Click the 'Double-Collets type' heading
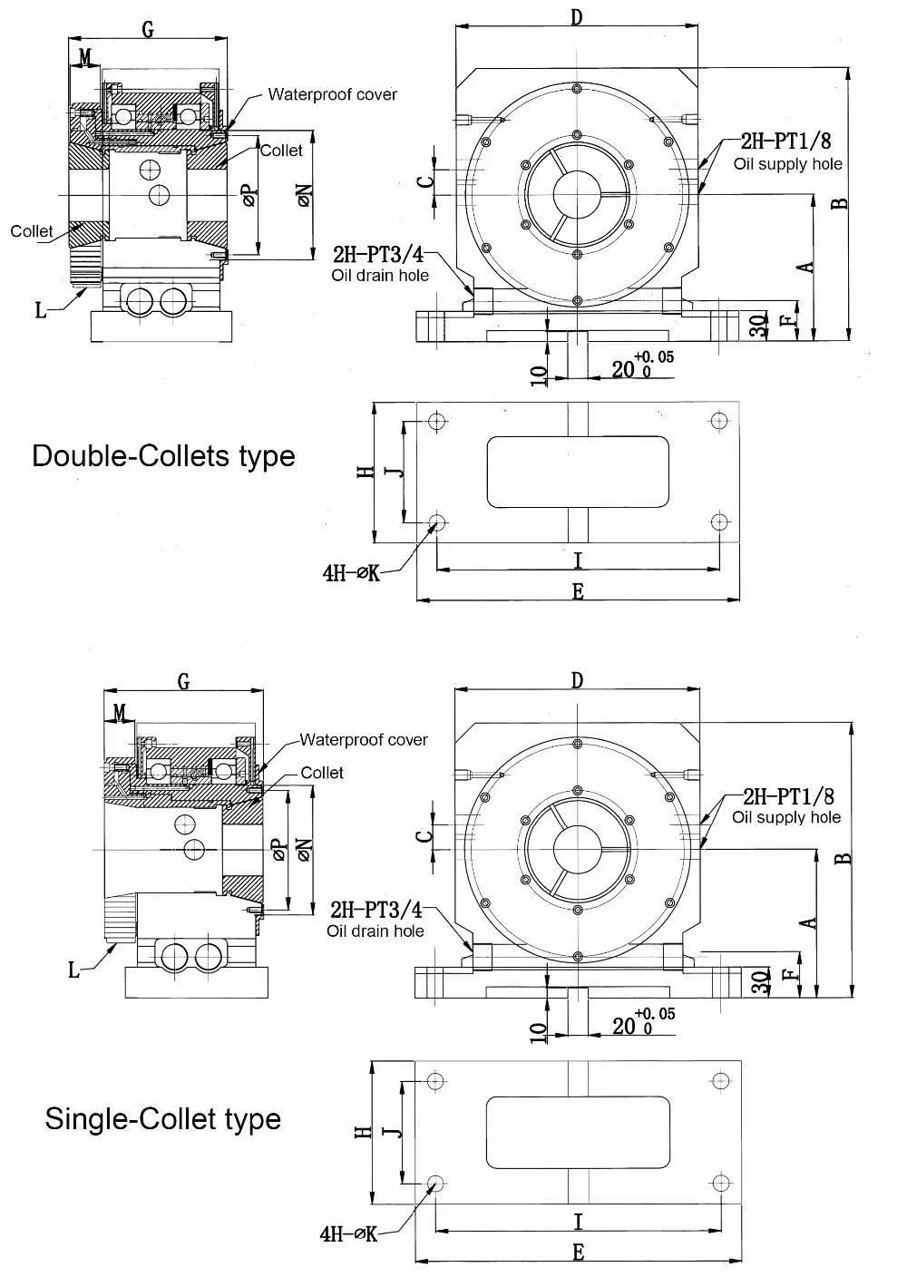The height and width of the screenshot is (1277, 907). (x=163, y=454)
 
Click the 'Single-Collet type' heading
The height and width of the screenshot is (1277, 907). (x=163, y=1118)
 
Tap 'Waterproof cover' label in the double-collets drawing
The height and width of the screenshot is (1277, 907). (x=332, y=94)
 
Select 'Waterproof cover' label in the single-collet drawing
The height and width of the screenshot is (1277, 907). (x=364, y=740)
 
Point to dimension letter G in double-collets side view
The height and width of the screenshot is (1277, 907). (x=148, y=30)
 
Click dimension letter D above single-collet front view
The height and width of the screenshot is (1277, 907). (x=578, y=681)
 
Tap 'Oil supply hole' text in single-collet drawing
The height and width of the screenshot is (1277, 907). (x=786, y=817)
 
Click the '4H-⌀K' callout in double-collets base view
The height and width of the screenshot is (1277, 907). (x=350, y=573)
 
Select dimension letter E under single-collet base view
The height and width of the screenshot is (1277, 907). (x=578, y=1253)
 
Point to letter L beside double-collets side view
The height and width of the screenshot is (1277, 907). (x=41, y=310)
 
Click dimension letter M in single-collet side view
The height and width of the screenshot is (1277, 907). (x=120, y=714)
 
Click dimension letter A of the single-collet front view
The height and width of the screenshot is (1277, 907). (x=810, y=922)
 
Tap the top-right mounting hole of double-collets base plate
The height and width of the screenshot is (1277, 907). (x=719, y=421)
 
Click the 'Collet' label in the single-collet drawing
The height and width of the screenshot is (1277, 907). (x=322, y=773)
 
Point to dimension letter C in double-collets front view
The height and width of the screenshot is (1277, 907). (x=424, y=180)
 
